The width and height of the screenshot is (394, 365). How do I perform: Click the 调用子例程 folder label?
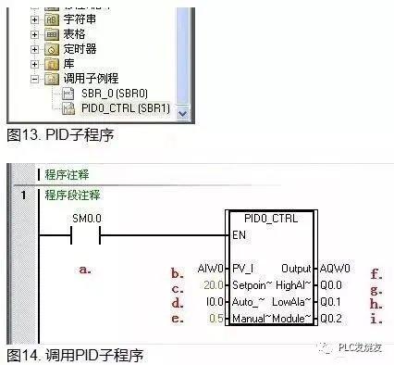pos(91,79)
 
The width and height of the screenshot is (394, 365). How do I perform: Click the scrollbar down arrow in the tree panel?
pos(181,112)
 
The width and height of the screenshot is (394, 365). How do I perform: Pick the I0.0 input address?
pos(212,302)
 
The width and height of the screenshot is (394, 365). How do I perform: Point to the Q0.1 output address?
pos(318,302)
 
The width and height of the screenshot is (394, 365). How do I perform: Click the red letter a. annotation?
pos(85,270)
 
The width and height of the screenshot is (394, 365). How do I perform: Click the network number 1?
pos(22,195)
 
